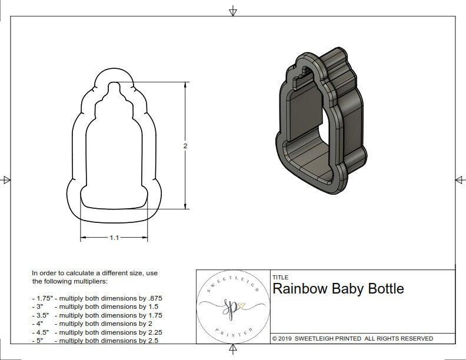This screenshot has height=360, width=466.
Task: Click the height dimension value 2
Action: [x=185, y=146]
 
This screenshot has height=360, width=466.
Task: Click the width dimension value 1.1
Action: [x=114, y=238]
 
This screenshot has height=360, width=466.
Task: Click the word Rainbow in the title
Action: [x=298, y=289]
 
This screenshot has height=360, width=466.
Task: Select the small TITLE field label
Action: [x=280, y=277]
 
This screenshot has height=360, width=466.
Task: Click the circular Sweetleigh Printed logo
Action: [x=232, y=306]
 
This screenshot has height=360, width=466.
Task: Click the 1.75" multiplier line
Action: [x=97, y=298]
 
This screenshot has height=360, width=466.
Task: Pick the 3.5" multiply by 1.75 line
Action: [x=96, y=315]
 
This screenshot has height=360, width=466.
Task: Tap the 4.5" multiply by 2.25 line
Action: [x=96, y=332]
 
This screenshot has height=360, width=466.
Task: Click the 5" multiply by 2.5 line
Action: [x=95, y=340]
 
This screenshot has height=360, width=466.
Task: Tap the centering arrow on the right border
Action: [x=459, y=179]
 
